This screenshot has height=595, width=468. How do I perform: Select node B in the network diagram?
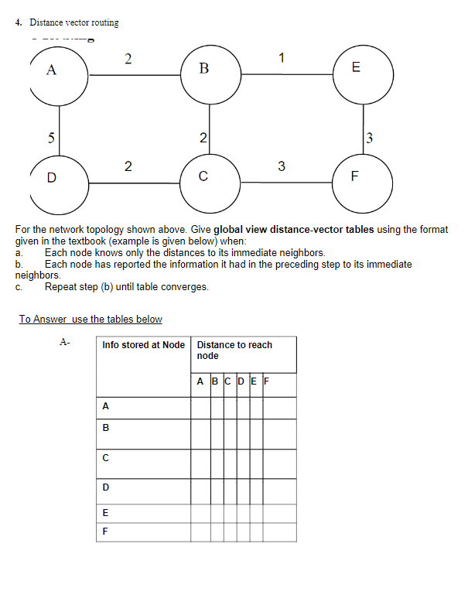click(204, 70)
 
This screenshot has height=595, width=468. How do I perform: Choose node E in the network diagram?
click(357, 69)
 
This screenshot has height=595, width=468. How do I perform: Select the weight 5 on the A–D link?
click(51, 138)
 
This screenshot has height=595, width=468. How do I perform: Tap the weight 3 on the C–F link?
click(282, 166)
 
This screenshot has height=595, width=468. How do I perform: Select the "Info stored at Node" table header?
click(143, 345)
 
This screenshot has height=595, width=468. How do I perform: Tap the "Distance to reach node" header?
click(234, 350)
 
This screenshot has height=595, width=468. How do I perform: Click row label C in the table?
click(105, 457)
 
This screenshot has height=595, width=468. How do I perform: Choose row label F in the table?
click(105, 532)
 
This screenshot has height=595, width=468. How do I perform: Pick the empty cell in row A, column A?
click(200, 407)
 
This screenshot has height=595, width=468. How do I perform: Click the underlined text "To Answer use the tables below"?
click(91, 319)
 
